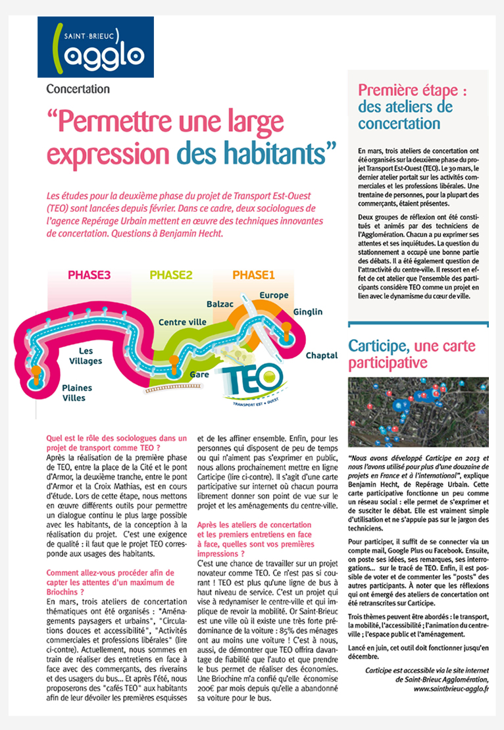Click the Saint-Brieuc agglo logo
[95, 47]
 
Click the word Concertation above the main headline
[78, 89]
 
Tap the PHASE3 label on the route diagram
[89, 275]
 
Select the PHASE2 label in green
[171, 275]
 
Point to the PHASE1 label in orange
[254, 275]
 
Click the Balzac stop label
[220, 305]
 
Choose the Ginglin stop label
[308, 311]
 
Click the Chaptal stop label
[321, 355]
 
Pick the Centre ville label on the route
[182, 323]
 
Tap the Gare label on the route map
[199, 374]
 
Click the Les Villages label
[86, 356]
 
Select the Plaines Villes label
[77, 393]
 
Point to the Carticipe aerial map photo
[418, 412]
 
